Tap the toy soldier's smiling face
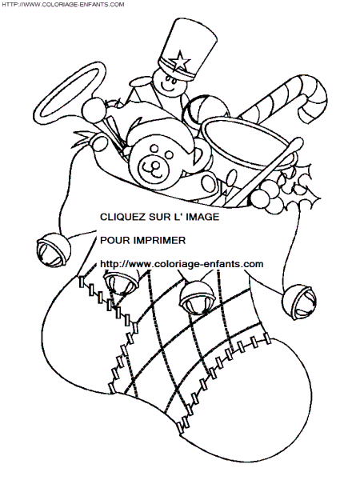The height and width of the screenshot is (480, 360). [x=169, y=84]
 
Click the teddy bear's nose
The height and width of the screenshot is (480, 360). [x=156, y=166]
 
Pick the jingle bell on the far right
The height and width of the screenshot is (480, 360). [x=298, y=302]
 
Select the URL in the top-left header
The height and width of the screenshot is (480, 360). [x=63, y=4]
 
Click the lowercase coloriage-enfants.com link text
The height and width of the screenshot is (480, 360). [x=182, y=264]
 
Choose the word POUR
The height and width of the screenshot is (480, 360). [x=111, y=241]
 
